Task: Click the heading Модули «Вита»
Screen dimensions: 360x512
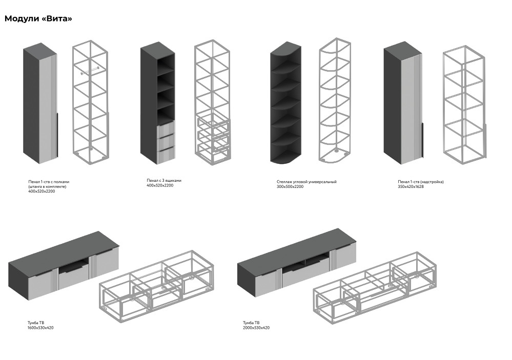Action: point(38,19)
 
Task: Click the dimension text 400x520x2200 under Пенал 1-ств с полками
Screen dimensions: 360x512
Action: point(42,192)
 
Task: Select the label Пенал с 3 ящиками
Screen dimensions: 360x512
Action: point(164,180)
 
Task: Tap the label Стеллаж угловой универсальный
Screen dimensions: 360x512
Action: point(306,182)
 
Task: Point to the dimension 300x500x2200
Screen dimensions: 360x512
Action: point(290,187)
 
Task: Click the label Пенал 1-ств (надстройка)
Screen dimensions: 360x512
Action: point(421,182)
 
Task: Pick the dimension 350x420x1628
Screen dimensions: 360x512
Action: point(411,187)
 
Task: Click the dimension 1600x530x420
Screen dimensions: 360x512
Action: point(40,328)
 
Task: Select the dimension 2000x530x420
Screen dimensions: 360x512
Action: point(256,328)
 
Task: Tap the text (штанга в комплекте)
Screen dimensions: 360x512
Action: point(48,186)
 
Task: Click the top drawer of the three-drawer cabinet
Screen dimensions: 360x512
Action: point(165,129)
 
